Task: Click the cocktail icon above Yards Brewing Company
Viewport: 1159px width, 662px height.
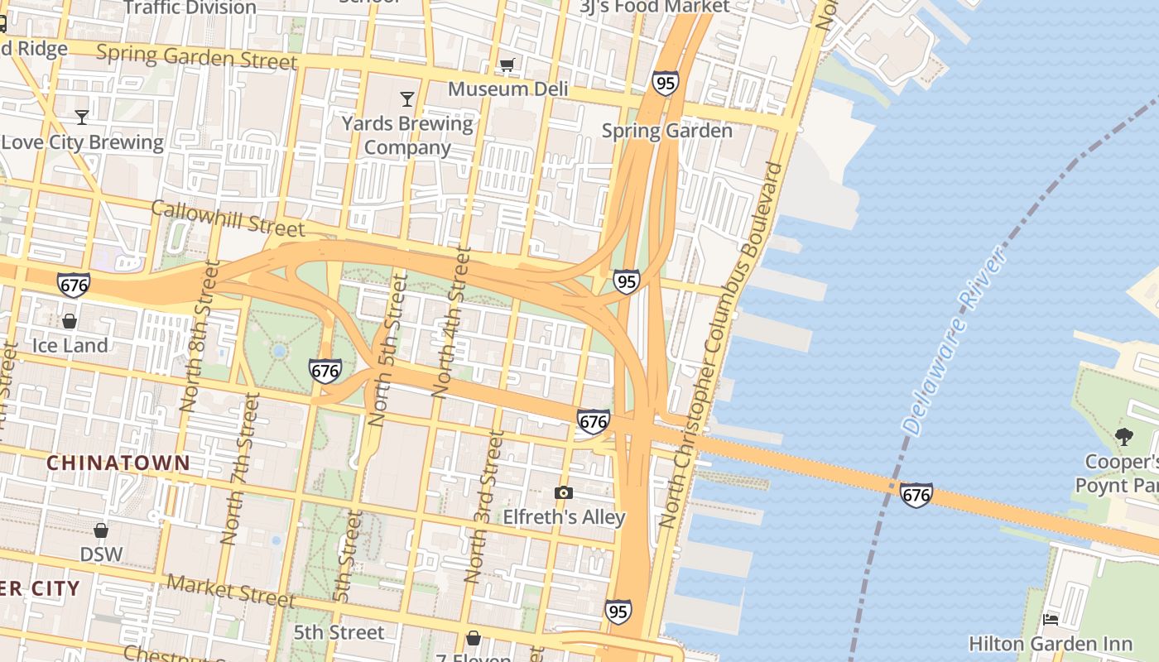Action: tap(406, 99)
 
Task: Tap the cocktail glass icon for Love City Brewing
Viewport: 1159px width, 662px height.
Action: tap(82, 117)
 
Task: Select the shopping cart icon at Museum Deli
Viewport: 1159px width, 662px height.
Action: tap(507, 65)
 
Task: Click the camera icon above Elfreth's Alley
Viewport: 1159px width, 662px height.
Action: tap(564, 493)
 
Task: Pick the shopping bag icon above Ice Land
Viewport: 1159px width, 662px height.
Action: tap(70, 320)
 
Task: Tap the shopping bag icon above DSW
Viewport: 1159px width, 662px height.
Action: tap(101, 530)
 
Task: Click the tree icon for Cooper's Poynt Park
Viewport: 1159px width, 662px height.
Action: tap(1123, 436)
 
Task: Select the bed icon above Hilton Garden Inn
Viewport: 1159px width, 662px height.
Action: tap(1051, 619)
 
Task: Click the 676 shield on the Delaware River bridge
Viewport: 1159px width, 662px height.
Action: tap(916, 495)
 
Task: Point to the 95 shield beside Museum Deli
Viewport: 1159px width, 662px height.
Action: tap(665, 83)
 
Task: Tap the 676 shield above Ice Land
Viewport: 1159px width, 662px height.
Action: tap(74, 285)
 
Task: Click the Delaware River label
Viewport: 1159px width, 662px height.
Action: tap(957, 340)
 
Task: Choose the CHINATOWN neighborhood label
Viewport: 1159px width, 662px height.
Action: tap(118, 463)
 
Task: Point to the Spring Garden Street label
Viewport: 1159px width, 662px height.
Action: tap(196, 57)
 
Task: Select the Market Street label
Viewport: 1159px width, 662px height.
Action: tap(230, 589)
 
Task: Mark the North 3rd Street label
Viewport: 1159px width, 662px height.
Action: tap(484, 506)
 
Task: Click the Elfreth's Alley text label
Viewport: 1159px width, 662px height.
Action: tap(564, 517)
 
